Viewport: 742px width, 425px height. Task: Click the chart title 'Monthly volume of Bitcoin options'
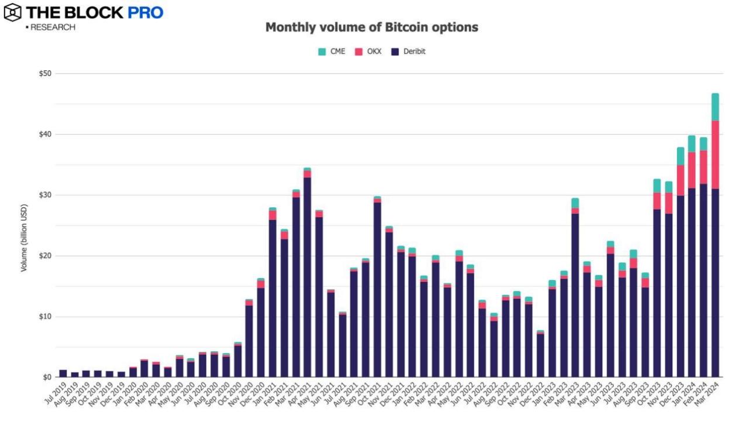[372, 27]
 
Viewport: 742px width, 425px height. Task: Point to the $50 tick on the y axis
[45, 74]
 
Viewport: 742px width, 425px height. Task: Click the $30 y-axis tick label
[45, 195]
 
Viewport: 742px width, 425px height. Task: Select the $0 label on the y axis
[47, 377]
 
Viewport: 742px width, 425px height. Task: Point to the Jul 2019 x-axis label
[54, 396]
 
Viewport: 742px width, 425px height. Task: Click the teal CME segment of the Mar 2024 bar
[715, 107]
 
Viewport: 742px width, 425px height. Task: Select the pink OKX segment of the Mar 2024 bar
[715, 155]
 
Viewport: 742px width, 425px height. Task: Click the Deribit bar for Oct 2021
[377, 289]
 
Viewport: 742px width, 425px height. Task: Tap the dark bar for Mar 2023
[575, 295]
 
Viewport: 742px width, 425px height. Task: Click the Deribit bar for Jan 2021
[272, 298]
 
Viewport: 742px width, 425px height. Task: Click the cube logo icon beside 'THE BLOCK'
[12, 12]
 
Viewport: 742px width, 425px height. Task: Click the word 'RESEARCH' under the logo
[53, 28]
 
